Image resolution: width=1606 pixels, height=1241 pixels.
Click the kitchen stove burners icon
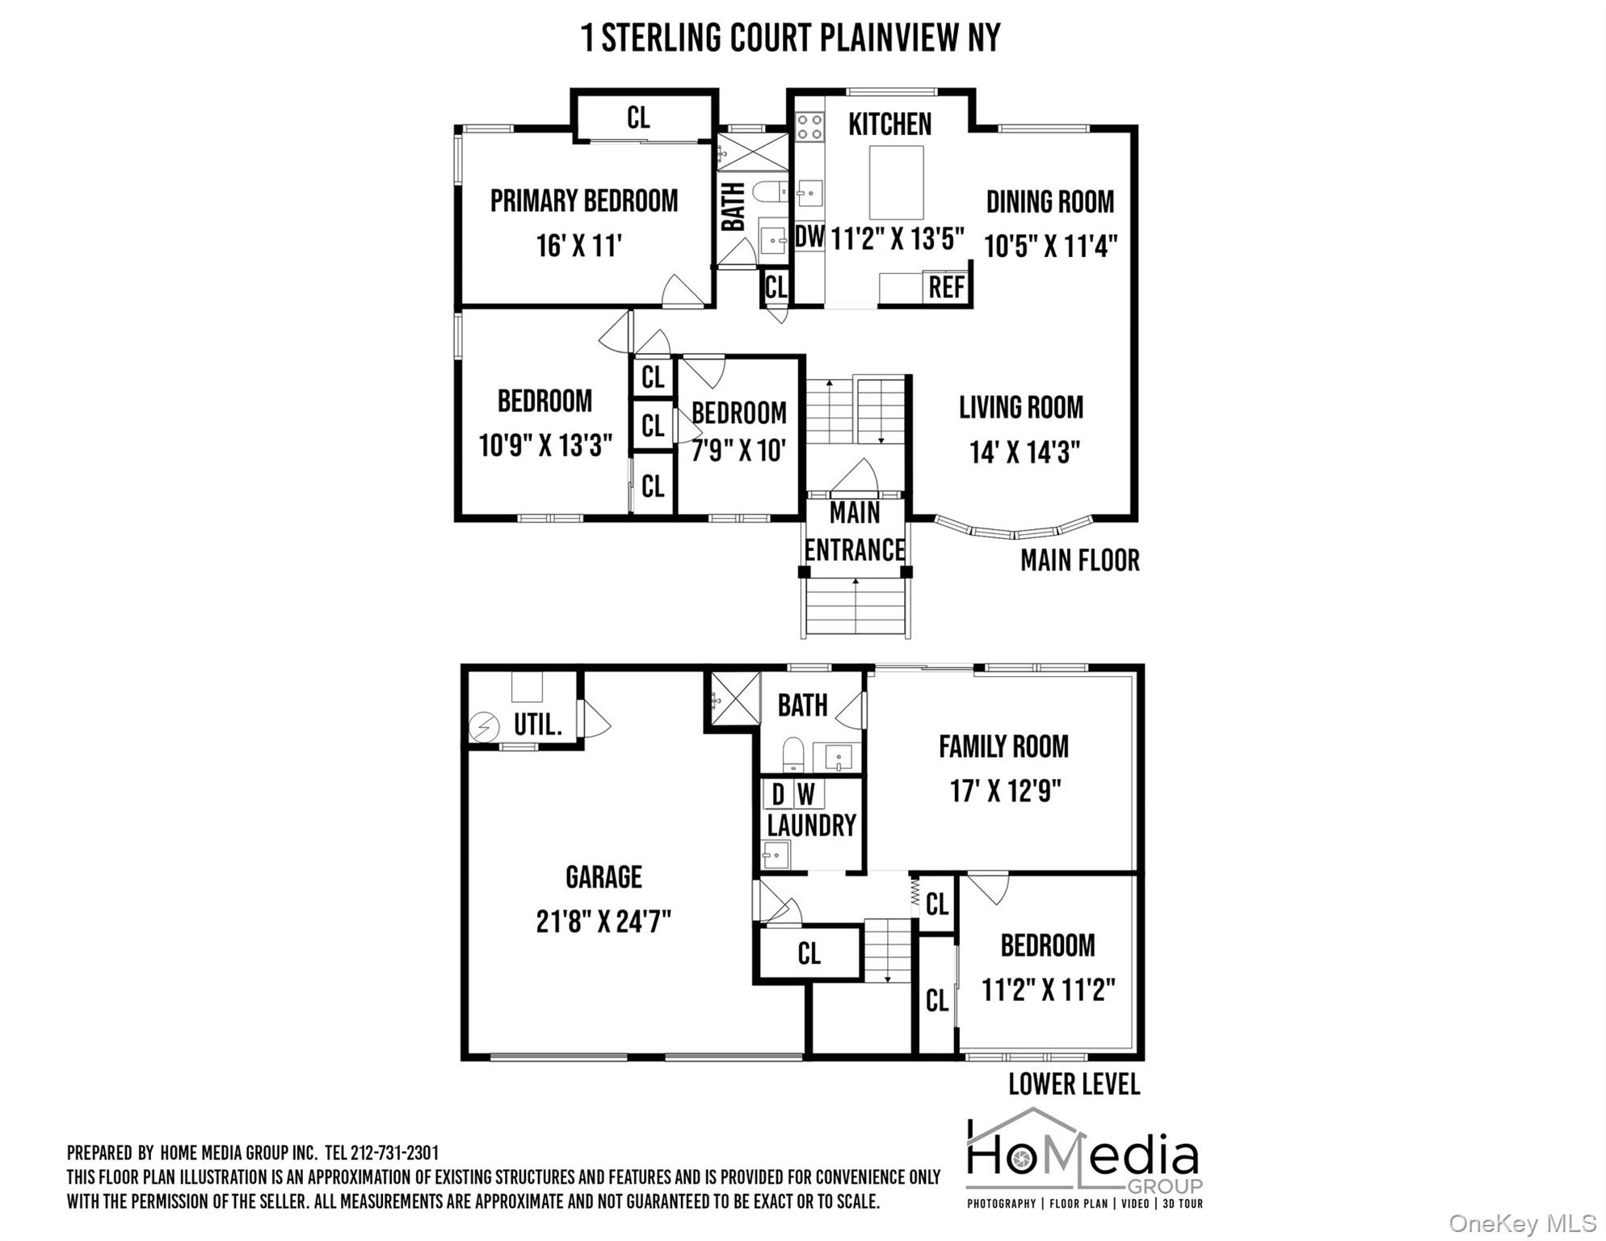click(x=809, y=127)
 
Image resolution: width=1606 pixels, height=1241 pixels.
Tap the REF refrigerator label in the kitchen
click(x=946, y=288)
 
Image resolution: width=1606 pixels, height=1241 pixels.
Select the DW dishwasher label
click(x=809, y=237)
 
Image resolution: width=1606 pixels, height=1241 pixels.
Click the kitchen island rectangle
click(x=897, y=183)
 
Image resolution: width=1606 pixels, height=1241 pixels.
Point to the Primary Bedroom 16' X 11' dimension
click(x=579, y=246)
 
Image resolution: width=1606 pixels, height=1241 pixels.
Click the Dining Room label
click(x=1050, y=202)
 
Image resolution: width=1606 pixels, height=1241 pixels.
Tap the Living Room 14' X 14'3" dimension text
click(x=1025, y=452)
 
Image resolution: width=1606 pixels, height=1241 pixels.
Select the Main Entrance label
click(x=855, y=531)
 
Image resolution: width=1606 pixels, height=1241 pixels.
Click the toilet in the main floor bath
click(x=770, y=191)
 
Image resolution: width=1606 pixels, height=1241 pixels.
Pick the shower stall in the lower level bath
click(x=734, y=699)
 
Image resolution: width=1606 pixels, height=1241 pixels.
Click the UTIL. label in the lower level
click(x=538, y=725)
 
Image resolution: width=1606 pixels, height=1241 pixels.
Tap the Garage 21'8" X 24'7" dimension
click(x=603, y=922)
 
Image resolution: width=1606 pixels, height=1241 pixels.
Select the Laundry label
click(x=811, y=826)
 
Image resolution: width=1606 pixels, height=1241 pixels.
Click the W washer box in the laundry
click(x=807, y=795)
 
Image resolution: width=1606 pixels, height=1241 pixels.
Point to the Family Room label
click(x=1003, y=747)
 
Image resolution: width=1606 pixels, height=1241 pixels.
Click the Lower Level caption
click(x=1074, y=1084)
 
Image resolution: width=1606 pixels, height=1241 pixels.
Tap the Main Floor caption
click(x=1080, y=561)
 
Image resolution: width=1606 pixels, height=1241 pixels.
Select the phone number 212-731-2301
click(x=395, y=1153)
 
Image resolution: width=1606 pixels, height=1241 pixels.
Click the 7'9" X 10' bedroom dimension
click(x=738, y=451)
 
